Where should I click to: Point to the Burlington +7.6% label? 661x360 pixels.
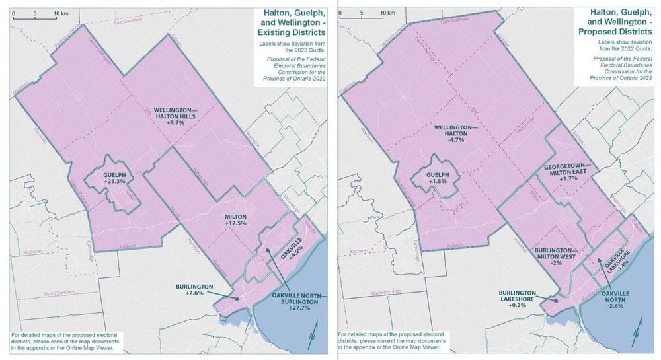click(x=194, y=289)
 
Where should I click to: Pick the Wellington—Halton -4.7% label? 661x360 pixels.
click(x=456, y=131)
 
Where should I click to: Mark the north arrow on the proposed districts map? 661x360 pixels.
click(x=640, y=330)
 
